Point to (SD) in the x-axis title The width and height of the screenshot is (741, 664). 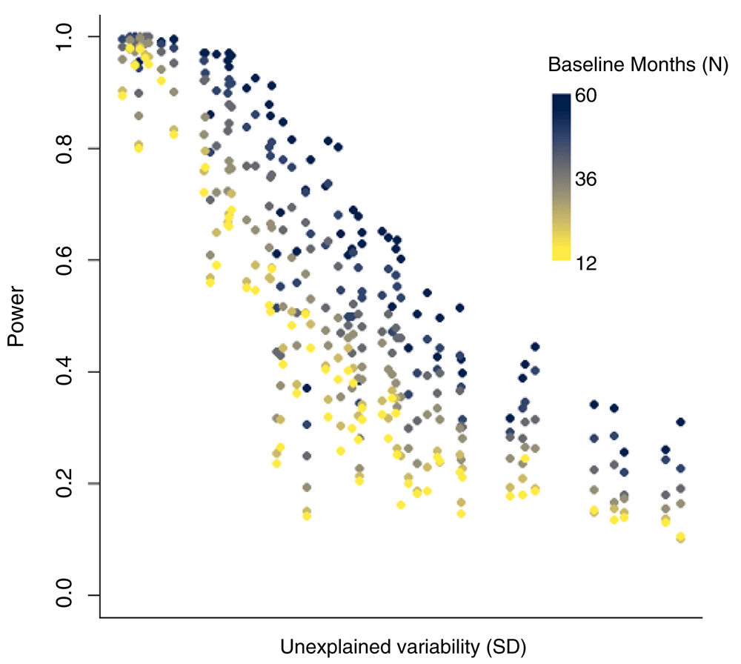(508, 646)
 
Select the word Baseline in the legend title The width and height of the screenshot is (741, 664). (580, 65)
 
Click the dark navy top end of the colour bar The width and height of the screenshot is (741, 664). (561, 97)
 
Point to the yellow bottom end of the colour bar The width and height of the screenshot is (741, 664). (561, 257)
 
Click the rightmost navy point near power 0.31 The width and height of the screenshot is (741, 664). (680, 422)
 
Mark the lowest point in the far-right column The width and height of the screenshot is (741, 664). (680, 538)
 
